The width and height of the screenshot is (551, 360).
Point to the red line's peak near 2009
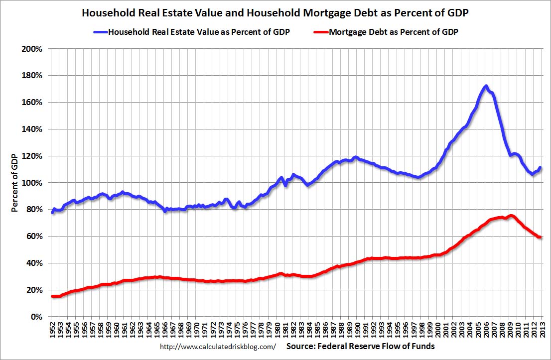click(x=511, y=216)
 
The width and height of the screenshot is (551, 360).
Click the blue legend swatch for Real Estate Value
click(x=100, y=32)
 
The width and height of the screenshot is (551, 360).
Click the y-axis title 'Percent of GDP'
click(x=15, y=183)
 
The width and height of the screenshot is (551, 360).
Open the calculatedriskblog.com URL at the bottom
click(x=218, y=346)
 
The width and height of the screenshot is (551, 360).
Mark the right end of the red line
click(x=541, y=237)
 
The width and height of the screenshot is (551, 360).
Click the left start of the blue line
click(x=52, y=213)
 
